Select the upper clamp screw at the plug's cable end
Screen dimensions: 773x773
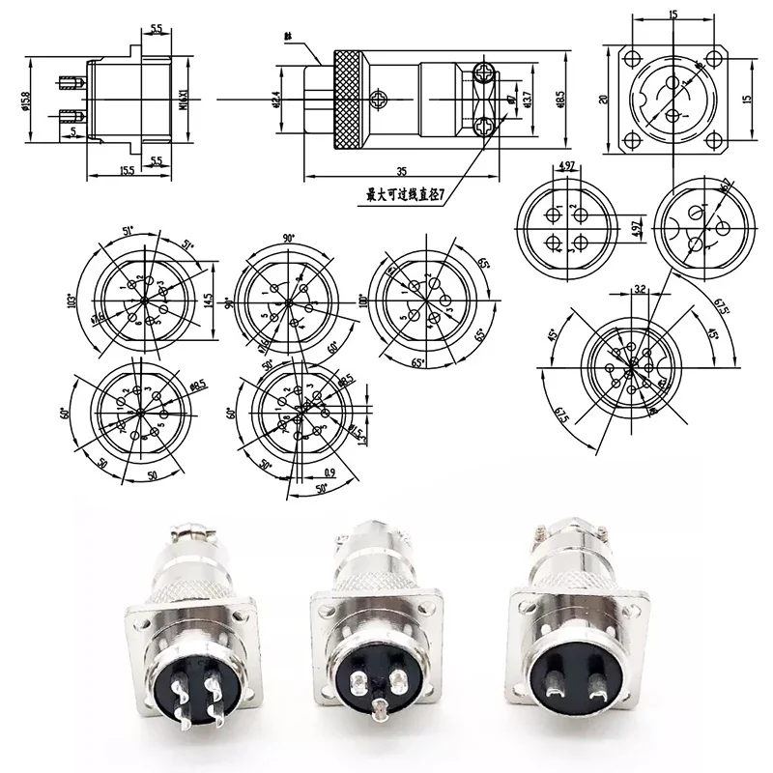(x=484, y=71)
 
